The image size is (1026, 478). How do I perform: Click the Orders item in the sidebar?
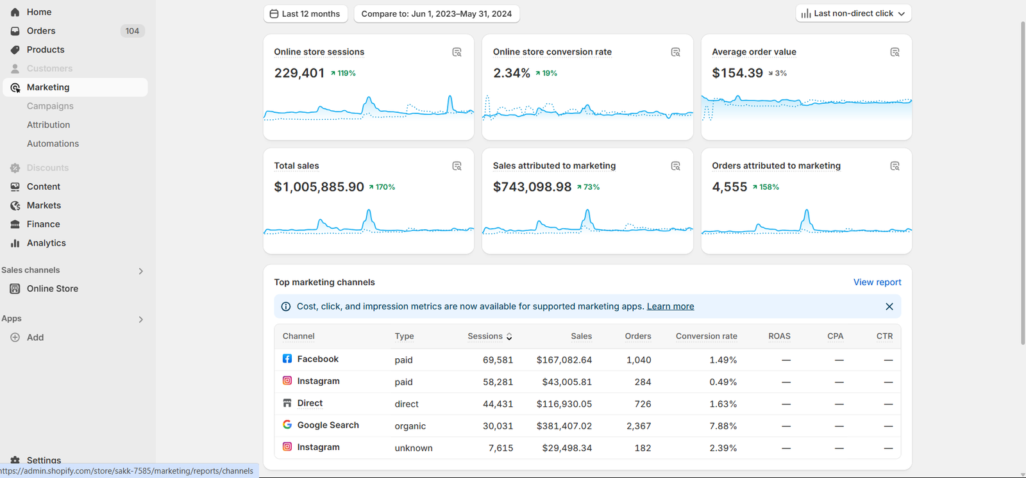(x=41, y=31)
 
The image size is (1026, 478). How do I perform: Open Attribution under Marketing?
(x=48, y=124)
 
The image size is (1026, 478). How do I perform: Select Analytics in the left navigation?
(x=46, y=243)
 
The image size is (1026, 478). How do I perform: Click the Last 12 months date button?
(x=305, y=13)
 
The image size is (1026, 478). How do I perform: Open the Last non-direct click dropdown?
(x=854, y=13)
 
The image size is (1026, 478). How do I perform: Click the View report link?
(x=877, y=282)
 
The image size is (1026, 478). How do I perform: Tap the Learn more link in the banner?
(x=670, y=306)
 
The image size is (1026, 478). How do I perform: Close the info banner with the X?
(x=889, y=306)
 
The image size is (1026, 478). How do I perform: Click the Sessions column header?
(x=485, y=336)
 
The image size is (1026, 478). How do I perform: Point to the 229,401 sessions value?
(x=299, y=73)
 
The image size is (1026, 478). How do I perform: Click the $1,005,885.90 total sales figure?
(x=319, y=187)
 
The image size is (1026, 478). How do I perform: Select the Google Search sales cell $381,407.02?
(x=564, y=426)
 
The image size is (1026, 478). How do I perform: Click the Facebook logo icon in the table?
(x=287, y=359)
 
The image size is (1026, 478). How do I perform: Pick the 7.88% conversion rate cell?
(x=723, y=426)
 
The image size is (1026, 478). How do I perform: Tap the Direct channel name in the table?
(x=310, y=403)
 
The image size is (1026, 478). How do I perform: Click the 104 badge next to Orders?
(x=132, y=31)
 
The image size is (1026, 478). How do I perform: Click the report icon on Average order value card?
(x=895, y=52)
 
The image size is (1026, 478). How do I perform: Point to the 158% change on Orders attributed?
(x=766, y=187)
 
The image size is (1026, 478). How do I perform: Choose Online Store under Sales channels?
(x=52, y=288)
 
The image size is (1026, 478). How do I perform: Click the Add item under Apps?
(x=35, y=338)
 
